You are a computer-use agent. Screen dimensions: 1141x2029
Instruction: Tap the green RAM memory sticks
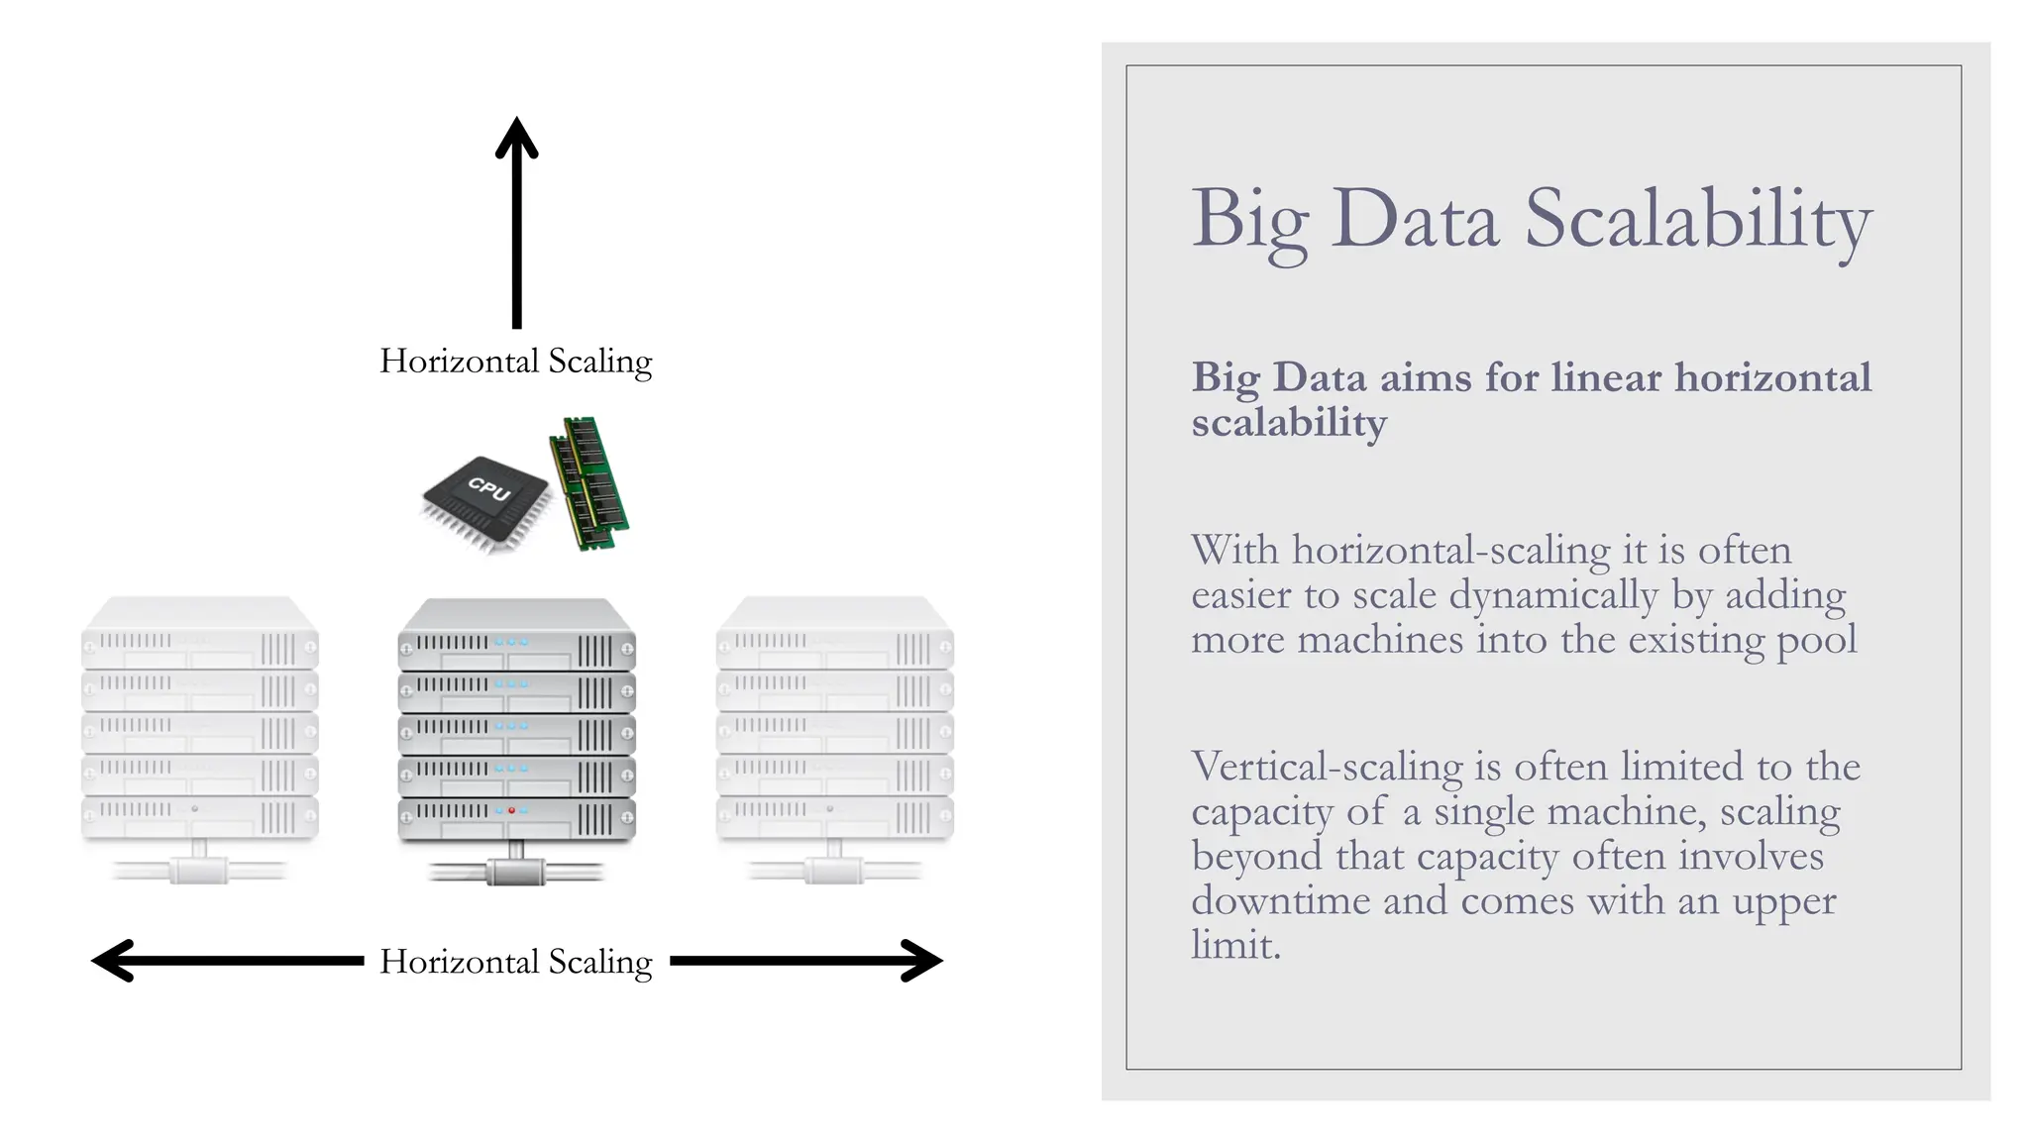point(590,482)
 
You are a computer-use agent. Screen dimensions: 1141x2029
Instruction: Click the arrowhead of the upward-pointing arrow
point(516,138)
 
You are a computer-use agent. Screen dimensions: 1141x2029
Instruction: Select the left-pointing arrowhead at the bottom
point(112,961)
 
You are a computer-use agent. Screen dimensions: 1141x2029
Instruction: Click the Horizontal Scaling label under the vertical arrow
point(515,362)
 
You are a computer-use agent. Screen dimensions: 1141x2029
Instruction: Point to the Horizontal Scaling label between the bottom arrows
point(515,962)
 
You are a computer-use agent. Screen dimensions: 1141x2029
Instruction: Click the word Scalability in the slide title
point(1697,220)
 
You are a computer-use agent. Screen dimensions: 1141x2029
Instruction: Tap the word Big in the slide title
point(1249,220)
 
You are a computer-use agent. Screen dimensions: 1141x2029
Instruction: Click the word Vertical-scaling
point(1327,768)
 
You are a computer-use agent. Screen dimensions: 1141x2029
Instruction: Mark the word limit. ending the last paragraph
point(1235,946)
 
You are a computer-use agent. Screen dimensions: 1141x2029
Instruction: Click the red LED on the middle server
point(511,810)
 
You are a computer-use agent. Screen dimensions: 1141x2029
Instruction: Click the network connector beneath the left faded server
point(199,871)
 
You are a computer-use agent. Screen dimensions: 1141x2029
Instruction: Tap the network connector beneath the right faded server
point(834,871)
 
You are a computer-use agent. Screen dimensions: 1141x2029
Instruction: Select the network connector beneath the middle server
point(516,872)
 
